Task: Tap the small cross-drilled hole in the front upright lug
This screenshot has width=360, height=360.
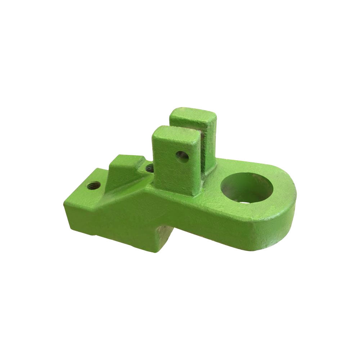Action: [x=183, y=156]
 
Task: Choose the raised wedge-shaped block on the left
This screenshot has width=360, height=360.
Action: [x=124, y=169]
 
